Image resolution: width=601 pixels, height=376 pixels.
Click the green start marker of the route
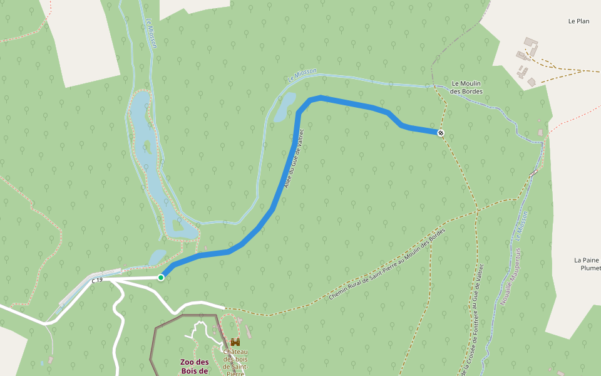(161, 278)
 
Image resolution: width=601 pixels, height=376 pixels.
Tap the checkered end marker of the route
(441, 133)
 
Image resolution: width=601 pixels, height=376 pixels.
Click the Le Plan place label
(578, 21)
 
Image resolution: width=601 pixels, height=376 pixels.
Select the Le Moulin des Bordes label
(466, 87)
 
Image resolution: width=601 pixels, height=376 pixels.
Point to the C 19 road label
(96, 281)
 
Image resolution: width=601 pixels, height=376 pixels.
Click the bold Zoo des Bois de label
(193, 367)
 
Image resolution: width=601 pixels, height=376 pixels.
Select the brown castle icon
(235, 342)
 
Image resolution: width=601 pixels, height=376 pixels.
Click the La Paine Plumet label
(587, 264)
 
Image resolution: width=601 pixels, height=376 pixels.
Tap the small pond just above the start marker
(157, 257)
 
